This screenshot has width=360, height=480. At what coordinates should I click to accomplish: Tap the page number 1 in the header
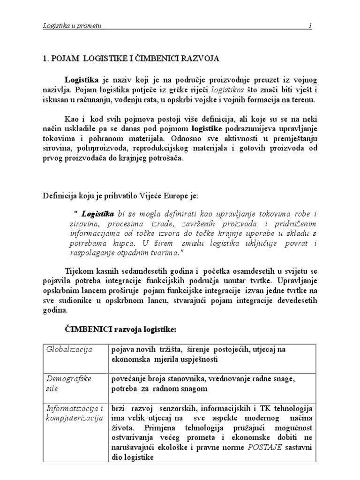pyautogui.click(x=310, y=26)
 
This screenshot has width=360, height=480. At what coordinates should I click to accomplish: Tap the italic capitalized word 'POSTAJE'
pyautogui.click(x=266, y=448)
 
